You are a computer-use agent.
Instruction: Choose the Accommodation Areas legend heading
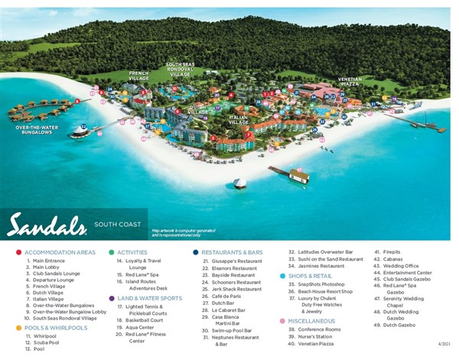60,252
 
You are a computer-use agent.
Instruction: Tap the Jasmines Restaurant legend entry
321,266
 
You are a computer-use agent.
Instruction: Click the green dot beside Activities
112,252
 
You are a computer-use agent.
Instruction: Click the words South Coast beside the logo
116,225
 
